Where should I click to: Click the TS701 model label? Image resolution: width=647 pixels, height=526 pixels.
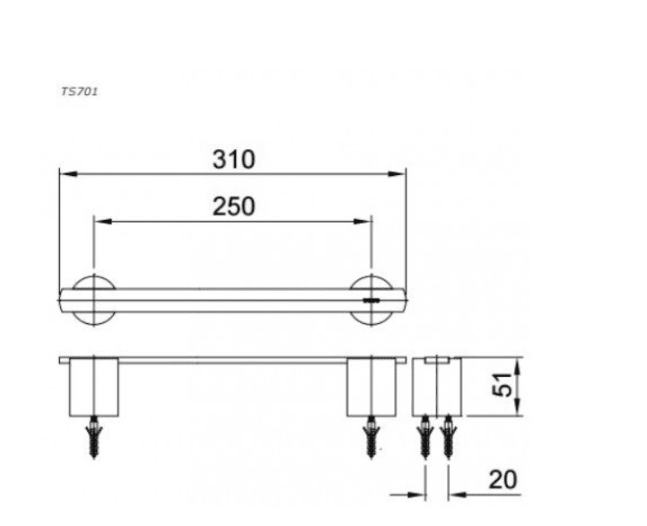80,92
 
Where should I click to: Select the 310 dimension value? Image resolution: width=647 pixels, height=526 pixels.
234,160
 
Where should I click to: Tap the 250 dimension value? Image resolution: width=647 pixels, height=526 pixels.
234,206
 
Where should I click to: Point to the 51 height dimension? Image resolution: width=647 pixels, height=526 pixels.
502,384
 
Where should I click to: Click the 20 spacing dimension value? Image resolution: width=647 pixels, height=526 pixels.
503,479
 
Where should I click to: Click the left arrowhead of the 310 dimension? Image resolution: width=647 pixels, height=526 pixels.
68,174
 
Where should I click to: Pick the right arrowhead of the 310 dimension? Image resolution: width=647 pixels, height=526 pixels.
397,174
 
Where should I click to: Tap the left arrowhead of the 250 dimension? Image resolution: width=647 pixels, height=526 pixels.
103,222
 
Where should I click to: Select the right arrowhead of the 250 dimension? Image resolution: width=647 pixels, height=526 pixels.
363,222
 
